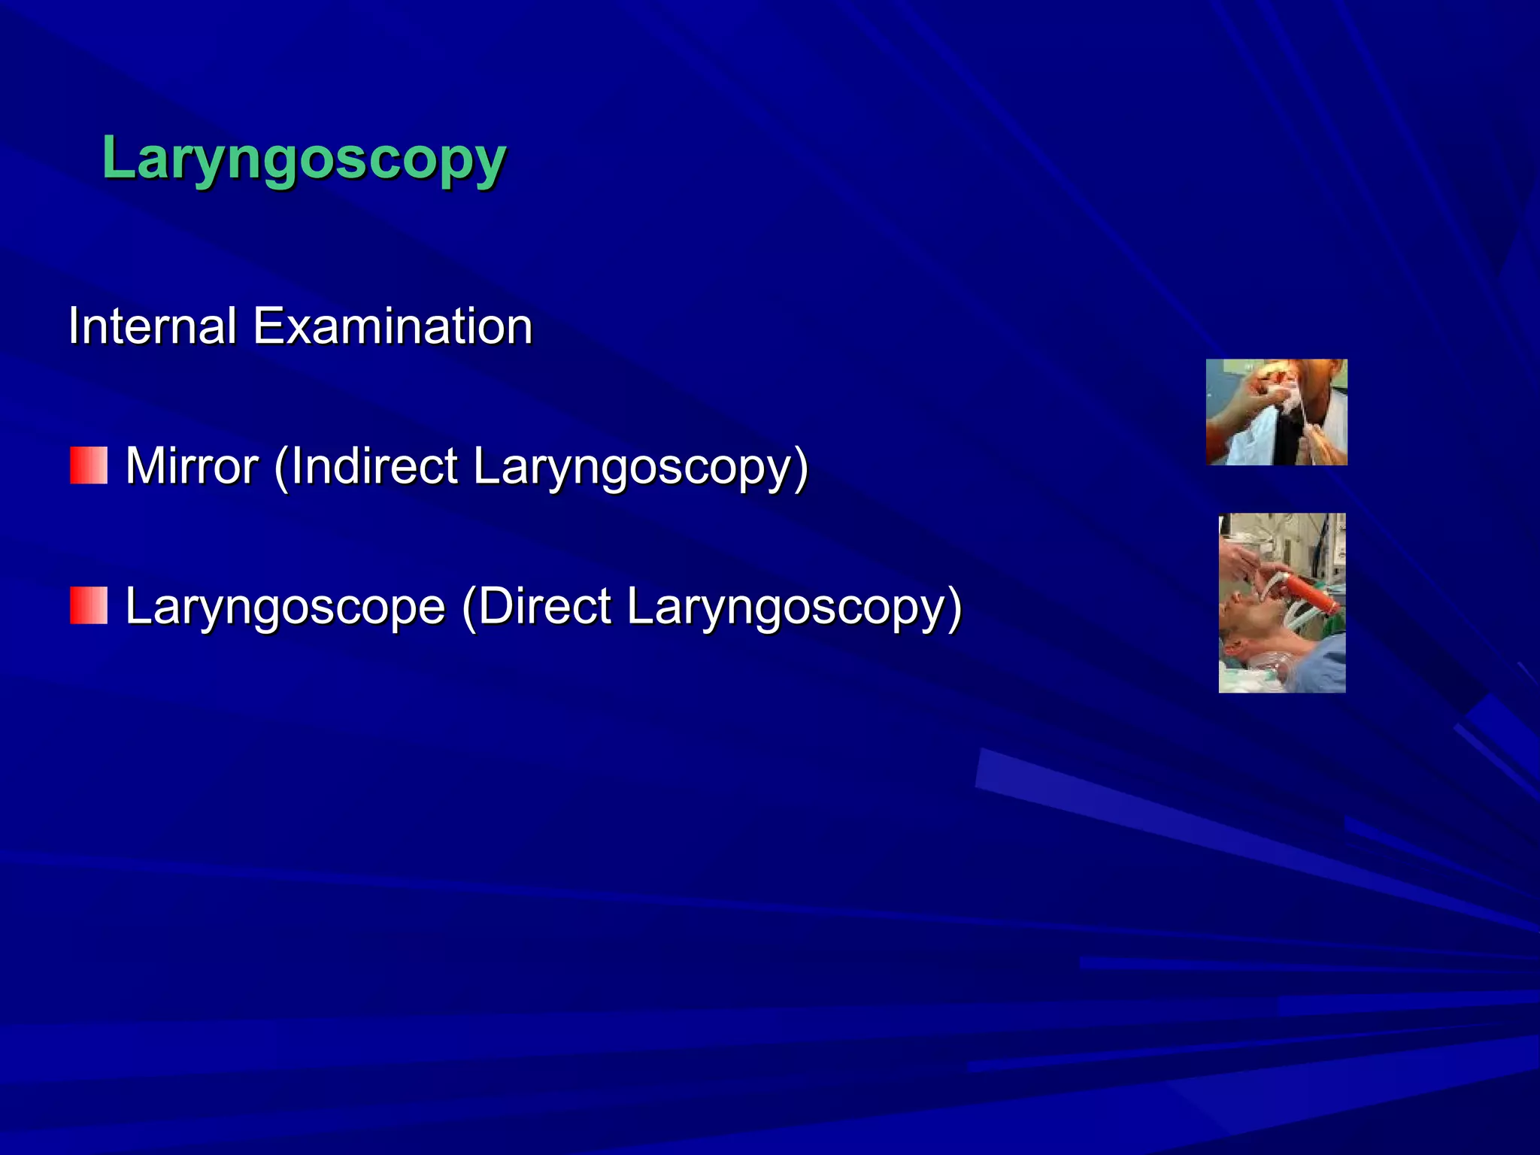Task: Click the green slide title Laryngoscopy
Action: pos(304,159)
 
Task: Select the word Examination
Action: pos(392,326)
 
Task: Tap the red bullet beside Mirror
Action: pos(89,465)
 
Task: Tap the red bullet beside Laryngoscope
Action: pos(89,606)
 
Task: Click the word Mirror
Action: pos(192,466)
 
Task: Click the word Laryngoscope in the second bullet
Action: pos(285,607)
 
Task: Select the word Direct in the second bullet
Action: pos(544,607)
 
